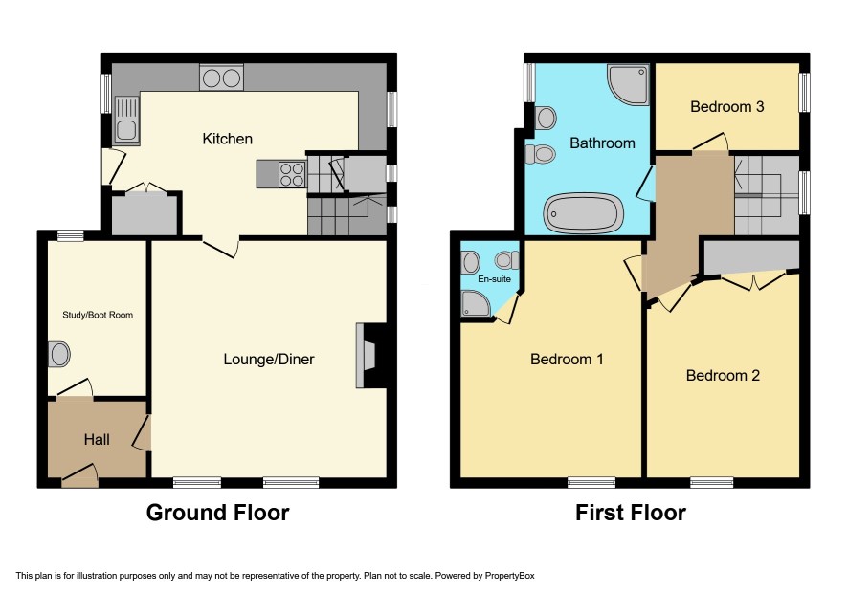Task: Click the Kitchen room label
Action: pyautogui.click(x=227, y=139)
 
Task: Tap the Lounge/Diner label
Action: pyautogui.click(x=269, y=360)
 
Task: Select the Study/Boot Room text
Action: pyautogui.click(x=98, y=315)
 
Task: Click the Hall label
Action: pyautogui.click(x=97, y=439)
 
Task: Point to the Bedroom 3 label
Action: pyautogui.click(x=726, y=106)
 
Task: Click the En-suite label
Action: pyautogui.click(x=494, y=279)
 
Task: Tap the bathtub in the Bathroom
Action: pyautogui.click(x=583, y=213)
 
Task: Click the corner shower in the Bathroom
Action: pyautogui.click(x=628, y=84)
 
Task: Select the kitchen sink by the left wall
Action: pyautogui.click(x=126, y=120)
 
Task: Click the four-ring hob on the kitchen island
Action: pyautogui.click(x=292, y=174)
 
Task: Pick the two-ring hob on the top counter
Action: pyautogui.click(x=221, y=77)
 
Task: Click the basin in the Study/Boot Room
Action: pyautogui.click(x=59, y=355)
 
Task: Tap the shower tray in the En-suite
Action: pyautogui.click(x=476, y=304)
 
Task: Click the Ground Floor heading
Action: pyautogui.click(x=217, y=513)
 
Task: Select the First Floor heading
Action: pyautogui.click(x=631, y=513)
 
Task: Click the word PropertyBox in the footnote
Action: pyautogui.click(x=509, y=576)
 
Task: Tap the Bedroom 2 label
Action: pyautogui.click(x=723, y=375)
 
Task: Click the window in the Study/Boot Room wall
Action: pyautogui.click(x=71, y=235)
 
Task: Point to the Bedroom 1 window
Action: pyautogui.click(x=591, y=483)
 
